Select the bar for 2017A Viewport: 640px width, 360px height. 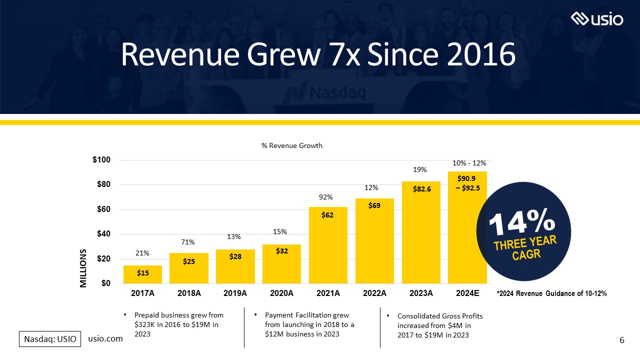[x=142, y=274]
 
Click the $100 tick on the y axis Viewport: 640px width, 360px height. [x=101, y=160]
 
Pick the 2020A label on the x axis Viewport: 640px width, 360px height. [x=281, y=293]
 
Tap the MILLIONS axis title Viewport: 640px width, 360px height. [x=83, y=268]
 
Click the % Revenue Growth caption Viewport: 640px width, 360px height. [x=292, y=145]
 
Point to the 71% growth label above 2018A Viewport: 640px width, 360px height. [x=188, y=242]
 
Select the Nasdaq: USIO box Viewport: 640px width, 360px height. [x=49, y=339]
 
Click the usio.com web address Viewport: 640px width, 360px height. [x=105, y=339]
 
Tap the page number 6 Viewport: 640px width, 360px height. [x=621, y=340]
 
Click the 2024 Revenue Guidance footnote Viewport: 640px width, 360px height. [x=551, y=294]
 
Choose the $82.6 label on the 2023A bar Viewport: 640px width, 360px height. [x=421, y=190]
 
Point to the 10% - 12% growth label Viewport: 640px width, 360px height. [x=469, y=163]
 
